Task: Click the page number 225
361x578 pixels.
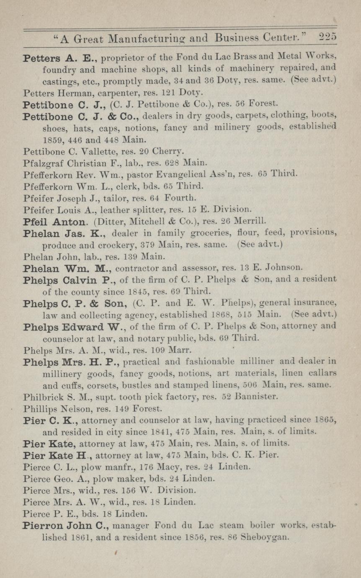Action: click(327, 37)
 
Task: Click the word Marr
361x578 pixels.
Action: click(183, 349)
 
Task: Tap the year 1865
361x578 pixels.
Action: click(327, 419)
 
